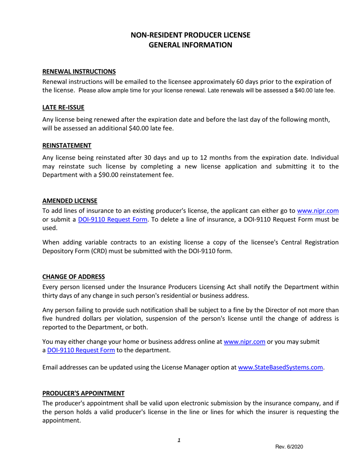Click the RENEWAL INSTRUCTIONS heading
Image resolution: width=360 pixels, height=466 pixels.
point(79,71)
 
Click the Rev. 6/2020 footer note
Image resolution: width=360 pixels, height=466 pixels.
point(289,447)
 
